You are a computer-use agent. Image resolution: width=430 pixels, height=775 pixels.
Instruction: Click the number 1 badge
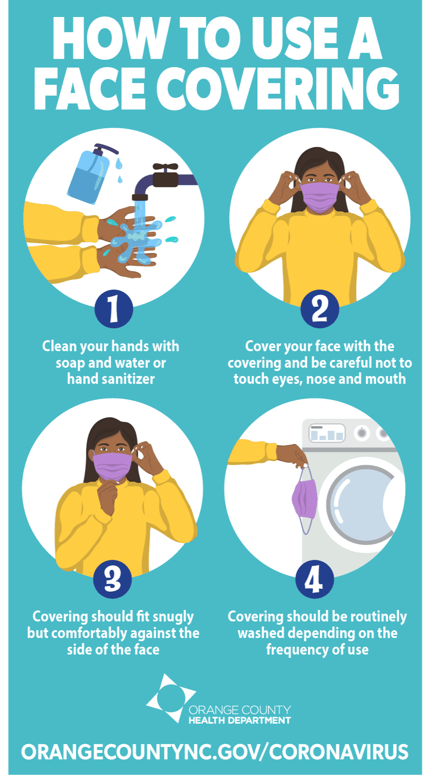pos(114,308)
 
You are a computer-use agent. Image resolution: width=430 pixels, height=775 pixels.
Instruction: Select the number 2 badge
pos(320,308)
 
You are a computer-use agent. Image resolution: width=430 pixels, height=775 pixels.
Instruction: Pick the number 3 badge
pos(113,579)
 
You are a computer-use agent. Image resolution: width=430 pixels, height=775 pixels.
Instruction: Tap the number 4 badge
pos(315,579)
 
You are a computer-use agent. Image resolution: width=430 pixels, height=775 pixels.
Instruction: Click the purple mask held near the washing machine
pos(304,499)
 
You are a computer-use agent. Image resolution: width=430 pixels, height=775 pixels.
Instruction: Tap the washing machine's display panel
pos(327,433)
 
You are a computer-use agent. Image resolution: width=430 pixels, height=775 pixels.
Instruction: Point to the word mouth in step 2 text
pos(385,379)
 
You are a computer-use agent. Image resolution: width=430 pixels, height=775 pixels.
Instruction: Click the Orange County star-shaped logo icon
pos(171,698)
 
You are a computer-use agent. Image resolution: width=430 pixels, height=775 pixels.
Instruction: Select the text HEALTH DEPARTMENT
pos(239,720)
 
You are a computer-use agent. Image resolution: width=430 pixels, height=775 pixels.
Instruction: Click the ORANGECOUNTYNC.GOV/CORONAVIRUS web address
pos(215,752)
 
